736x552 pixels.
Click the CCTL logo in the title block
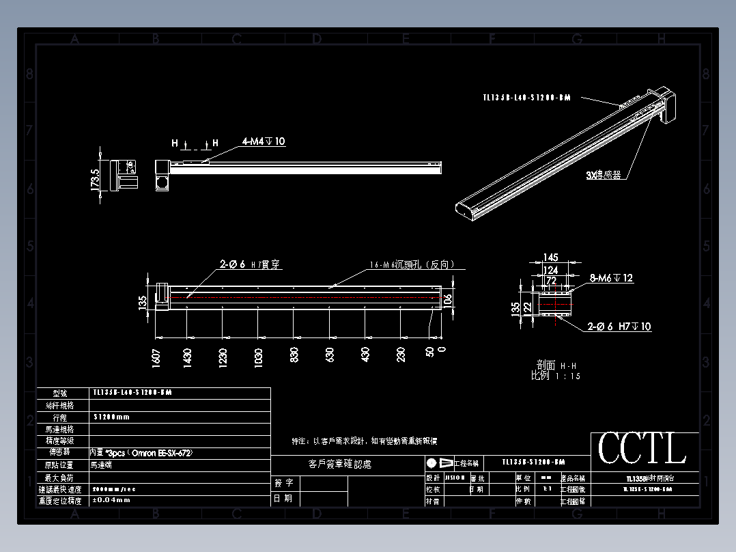click(642, 450)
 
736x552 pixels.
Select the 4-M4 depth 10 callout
click(263, 141)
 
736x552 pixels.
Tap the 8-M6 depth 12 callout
click(611, 278)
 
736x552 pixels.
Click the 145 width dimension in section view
click(551, 258)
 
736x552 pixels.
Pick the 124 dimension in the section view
click(550, 270)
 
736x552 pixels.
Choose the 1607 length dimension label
click(156, 357)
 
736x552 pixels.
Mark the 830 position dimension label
click(294, 355)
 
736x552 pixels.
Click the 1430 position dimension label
click(187, 357)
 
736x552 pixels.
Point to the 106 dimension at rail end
click(447, 299)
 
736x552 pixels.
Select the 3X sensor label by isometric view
click(604, 175)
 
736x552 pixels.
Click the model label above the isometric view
click(526, 98)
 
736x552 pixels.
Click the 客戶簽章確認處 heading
click(340, 465)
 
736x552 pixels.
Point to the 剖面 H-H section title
click(556, 365)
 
